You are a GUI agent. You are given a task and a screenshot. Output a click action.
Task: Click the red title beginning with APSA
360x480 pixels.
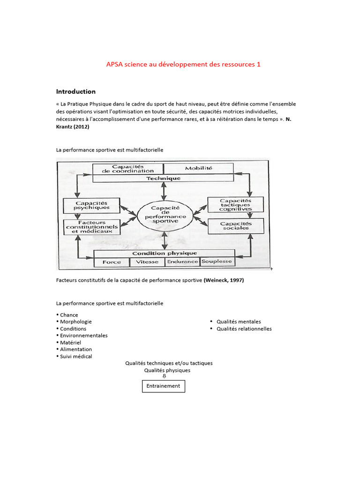[183, 64]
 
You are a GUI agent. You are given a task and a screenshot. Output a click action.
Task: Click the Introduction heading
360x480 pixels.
[76, 91]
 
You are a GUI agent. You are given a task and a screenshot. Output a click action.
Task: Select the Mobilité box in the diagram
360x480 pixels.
[198, 168]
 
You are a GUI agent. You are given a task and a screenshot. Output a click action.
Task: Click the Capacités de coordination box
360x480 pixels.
[127, 168]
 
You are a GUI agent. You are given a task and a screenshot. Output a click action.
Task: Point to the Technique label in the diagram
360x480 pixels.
[163, 178]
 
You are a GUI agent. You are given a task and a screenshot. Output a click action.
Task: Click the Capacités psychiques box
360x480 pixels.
[92, 205]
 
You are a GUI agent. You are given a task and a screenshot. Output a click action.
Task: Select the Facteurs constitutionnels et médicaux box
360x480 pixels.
[92, 227]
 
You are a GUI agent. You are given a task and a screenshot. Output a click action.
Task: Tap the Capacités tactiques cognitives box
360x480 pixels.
[235, 204]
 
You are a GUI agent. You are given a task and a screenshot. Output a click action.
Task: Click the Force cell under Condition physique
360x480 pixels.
[112, 262]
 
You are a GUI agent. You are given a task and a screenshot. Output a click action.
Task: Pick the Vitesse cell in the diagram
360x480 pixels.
[147, 262]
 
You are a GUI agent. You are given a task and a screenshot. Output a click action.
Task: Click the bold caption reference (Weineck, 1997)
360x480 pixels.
[224, 280]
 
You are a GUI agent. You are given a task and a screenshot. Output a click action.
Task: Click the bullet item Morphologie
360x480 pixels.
[76, 322]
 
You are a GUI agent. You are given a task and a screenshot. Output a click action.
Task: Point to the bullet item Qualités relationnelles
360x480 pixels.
[244, 329]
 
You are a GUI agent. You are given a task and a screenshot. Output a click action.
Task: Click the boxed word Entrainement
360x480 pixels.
[164, 386]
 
